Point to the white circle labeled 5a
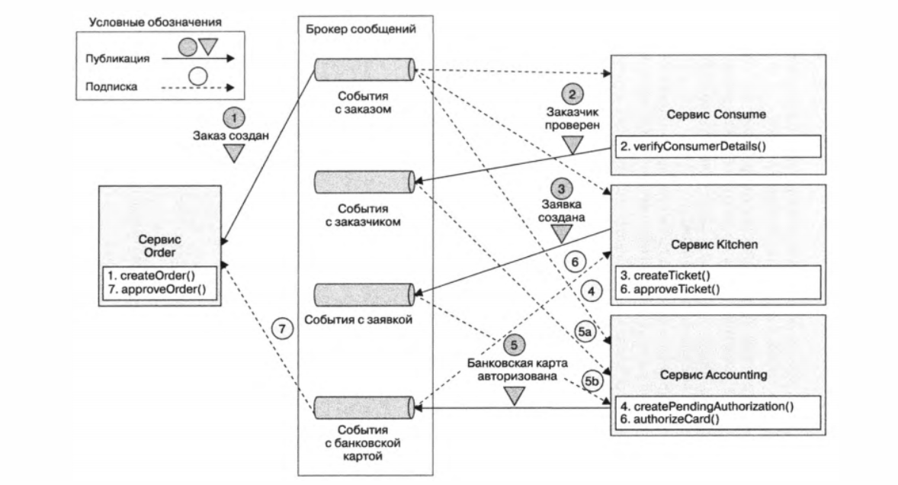click(584, 332)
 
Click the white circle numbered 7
click(281, 329)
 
